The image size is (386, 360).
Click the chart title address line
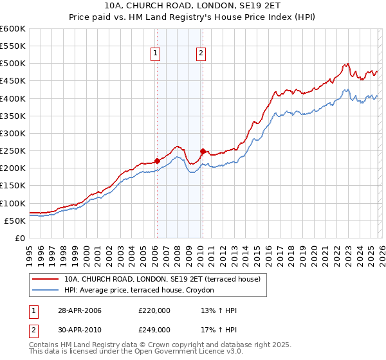click(x=193, y=5)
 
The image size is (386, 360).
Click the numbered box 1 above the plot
click(x=156, y=54)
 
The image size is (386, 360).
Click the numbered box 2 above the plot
click(x=201, y=54)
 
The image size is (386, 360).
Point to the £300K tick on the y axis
click(x=13, y=133)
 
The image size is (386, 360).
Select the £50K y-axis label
click(x=15, y=221)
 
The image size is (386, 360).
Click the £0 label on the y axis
click(x=19, y=238)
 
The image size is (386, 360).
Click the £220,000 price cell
click(x=154, y=310)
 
